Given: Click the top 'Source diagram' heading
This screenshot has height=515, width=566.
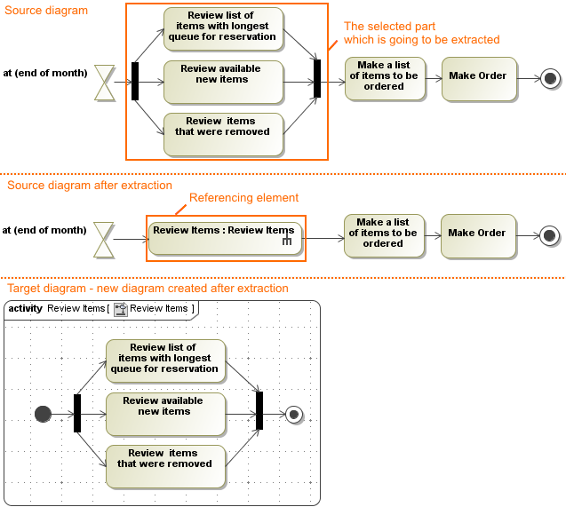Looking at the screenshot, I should (x=48, y=11).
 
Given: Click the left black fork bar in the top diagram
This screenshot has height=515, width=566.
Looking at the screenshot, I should (x=135, y=81).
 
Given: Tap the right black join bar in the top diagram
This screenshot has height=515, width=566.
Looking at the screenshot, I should (x=317, y=78).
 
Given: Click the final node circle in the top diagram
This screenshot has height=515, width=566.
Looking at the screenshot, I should (x=550, y=78).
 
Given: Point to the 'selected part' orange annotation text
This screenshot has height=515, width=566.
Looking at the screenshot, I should (x=421, y=33).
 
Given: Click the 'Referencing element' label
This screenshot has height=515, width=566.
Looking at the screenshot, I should (x=243, y=198).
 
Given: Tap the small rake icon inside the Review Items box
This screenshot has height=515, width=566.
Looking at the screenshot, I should (x=287, y=242).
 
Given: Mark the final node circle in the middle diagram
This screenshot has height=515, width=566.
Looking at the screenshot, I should (x=549, y=235).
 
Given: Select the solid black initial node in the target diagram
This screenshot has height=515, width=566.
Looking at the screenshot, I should (x=43, y=413).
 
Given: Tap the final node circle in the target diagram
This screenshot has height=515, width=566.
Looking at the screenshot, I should (x=294, y=413).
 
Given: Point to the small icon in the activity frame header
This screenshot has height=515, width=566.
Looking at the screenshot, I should (x=121, y=309).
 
